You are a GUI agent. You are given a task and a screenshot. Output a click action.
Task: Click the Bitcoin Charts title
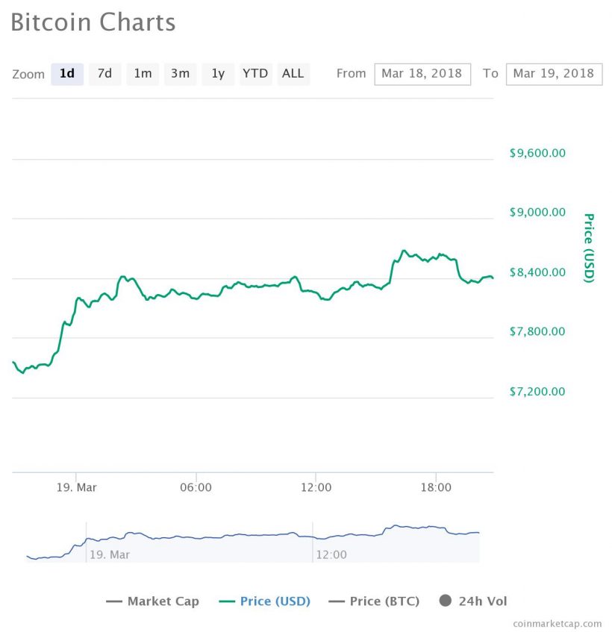click(93, 22)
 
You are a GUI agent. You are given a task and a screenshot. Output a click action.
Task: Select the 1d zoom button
click(67, 74)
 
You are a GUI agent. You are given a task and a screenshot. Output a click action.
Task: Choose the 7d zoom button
click(104, 74)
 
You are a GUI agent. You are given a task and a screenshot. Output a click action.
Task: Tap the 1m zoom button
click(143, 74)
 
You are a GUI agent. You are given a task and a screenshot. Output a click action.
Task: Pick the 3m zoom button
click(180, 74)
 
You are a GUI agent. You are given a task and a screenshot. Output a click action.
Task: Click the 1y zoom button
click(218, 74)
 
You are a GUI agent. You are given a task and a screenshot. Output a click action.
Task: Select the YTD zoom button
click(255, 74)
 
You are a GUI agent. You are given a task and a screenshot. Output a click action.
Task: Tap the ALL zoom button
click(293, 74)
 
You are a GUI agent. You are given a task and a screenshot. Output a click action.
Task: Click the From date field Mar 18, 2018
click(422, 74)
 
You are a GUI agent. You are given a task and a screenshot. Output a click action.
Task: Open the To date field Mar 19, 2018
click(553, 74)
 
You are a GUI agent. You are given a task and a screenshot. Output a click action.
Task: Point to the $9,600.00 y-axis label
click(537, 153)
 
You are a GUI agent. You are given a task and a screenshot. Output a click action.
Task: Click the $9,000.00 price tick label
click(537, 213)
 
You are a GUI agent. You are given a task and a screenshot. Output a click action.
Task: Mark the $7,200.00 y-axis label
click(537, 392)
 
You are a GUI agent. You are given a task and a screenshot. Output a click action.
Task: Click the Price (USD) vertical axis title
click(589, 248)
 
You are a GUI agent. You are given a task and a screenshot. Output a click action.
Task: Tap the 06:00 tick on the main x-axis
click(196, 488)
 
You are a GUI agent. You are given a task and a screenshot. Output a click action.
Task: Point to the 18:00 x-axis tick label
click(436, 488)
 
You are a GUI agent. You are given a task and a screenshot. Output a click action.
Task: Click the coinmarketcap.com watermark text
click(557, 623)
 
